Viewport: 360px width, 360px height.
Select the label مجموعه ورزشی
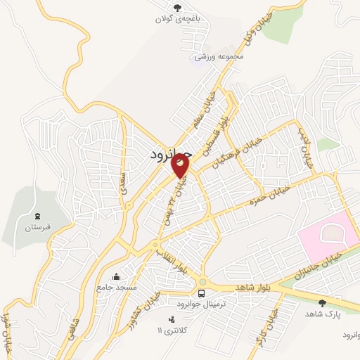[x=220, y=56]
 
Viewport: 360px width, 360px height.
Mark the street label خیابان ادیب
[x=306, y=151]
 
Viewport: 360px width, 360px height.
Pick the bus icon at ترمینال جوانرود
[x=202, y=292]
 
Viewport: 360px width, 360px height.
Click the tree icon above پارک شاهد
[x=323, y=303]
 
